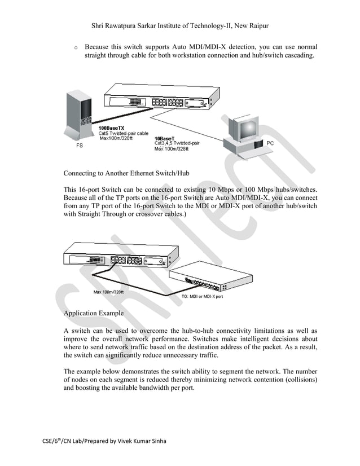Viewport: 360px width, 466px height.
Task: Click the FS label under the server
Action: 80,146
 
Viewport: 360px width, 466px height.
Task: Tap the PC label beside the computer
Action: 270,143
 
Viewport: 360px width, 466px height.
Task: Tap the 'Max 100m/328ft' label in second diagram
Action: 108,292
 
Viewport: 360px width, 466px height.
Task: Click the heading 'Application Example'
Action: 94,313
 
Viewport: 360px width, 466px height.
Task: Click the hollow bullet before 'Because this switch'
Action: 75,47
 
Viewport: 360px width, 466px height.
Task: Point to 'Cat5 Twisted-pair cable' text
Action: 124,133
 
